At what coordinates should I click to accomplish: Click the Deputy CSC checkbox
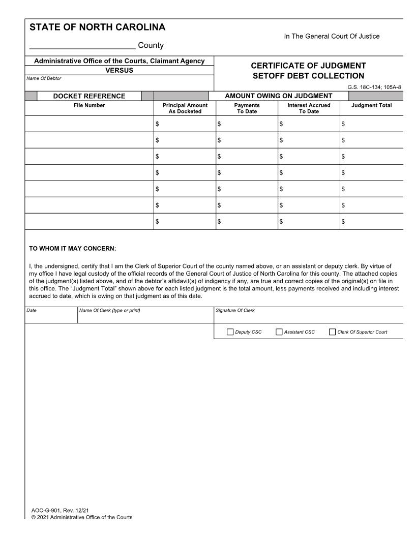230,332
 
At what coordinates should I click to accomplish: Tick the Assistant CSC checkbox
279,332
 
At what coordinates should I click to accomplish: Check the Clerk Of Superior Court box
333,332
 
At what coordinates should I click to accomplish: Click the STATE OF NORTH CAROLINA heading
98,27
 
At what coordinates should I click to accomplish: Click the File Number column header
90,106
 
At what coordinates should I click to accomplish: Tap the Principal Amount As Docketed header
185,108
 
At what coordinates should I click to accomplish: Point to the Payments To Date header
247,108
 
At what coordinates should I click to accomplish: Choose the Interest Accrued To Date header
309,108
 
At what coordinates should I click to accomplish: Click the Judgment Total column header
371,106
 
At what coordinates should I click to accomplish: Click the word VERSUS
120,70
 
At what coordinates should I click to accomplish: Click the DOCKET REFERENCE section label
90,96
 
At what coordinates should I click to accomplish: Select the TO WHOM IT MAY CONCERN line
73,249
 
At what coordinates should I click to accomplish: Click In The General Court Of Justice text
332,36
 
